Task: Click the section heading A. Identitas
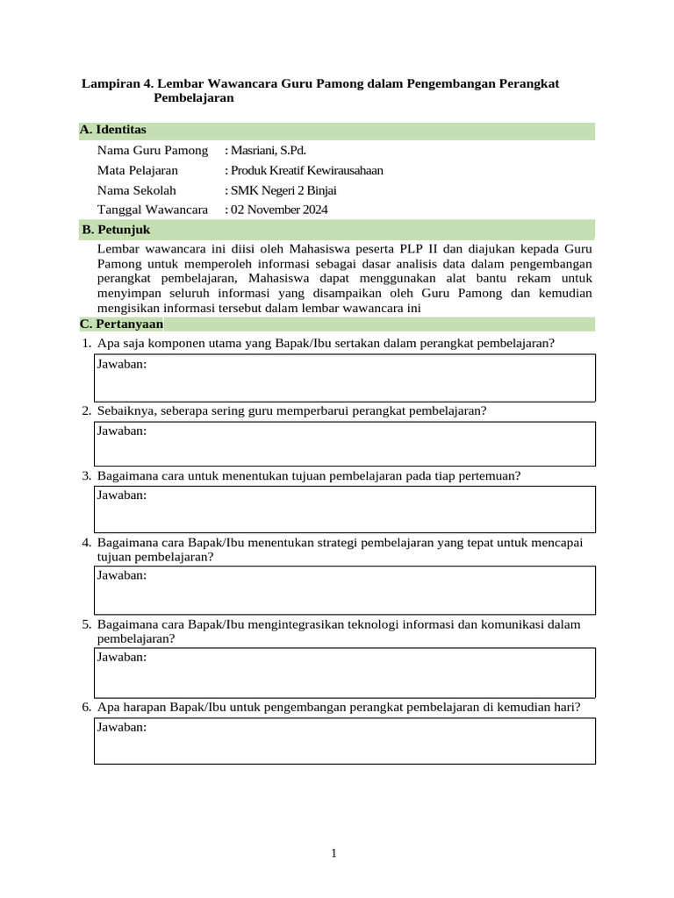click(x=113, y=130)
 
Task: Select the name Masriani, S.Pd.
click(x=267, y=151)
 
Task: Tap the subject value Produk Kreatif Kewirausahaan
click(x=305, y=170)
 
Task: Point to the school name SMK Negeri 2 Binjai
click(x=282, y=190)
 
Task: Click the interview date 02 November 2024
click(x=278, y=210)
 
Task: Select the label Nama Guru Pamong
click(x=153, y=151)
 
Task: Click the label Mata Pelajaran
click(x=138, y=170)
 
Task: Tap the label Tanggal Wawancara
click(x=153, y=210)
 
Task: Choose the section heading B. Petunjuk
click(x=116, y=230)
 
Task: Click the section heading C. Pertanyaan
click(x=122, y=324)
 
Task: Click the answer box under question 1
click(x=344, y=378)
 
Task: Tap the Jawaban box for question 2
click(x=344, y=444)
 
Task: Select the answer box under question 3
click(x=344, y=510)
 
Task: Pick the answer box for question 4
click(x=344, y=590)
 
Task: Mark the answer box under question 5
click(x=344, y=672)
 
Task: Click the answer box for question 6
click(x=344, y=741)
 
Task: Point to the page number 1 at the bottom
click(x=334, y=852)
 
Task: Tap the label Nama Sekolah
click(x=137, y=190)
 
